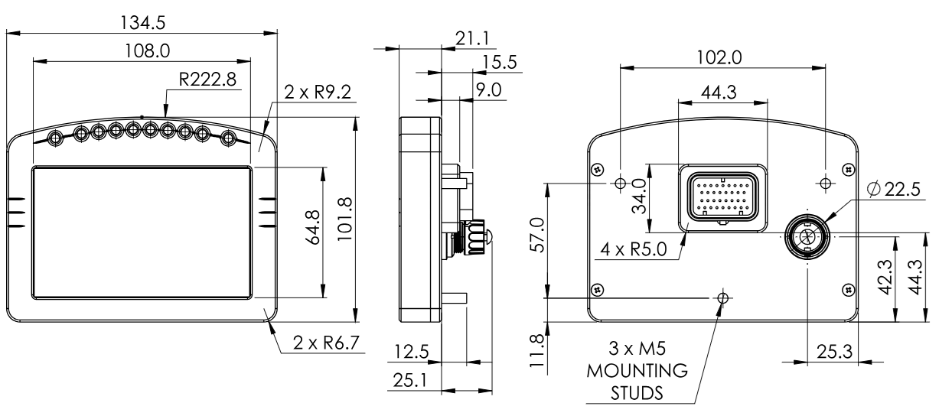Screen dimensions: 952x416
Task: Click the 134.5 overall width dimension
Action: (142, 22)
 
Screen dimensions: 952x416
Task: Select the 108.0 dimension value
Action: (147, 51)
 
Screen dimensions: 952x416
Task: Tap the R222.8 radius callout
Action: (207, 80)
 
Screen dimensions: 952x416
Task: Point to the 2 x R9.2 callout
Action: (318, 92)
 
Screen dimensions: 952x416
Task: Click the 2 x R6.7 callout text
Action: (326, 343)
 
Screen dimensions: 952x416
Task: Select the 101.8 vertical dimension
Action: (344, 219)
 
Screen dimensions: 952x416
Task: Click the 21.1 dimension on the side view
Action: (472, 39)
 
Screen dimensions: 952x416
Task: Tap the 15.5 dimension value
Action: (500, 63)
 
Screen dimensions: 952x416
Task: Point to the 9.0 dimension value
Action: (488, 90)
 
